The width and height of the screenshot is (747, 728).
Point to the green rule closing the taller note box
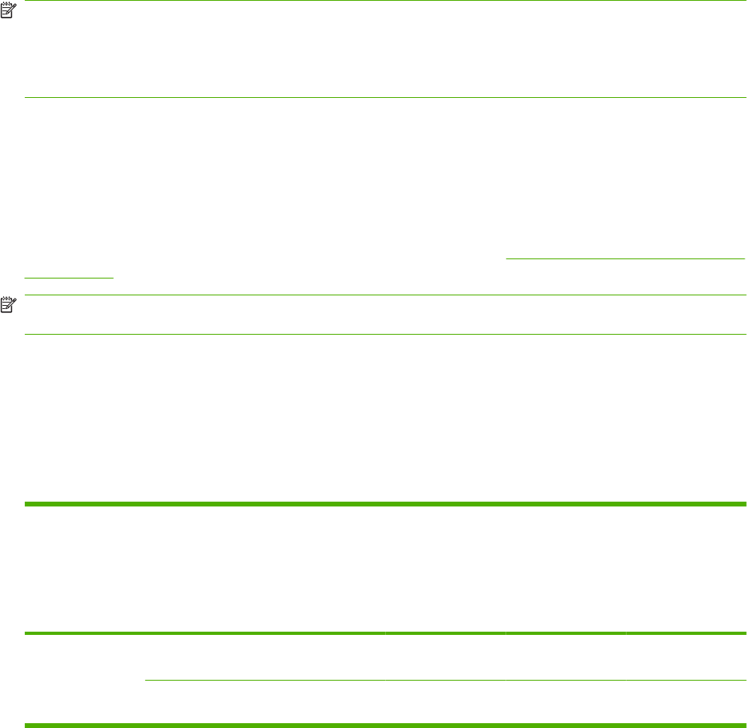pos(385,98)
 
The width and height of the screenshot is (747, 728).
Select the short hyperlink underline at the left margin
pos(69,277)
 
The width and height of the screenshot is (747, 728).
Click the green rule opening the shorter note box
pos(385,295)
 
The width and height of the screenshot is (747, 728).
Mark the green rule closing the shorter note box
pos(385,334)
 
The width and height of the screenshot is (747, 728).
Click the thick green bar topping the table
pos(385,504)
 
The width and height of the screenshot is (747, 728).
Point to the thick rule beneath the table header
pos(385,633)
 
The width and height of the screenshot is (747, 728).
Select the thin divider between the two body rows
pos(445,681)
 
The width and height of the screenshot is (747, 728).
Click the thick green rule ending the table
pos(385,726)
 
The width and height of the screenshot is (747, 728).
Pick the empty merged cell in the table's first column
pos(84,679)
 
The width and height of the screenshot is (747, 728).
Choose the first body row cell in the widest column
pos(265,657)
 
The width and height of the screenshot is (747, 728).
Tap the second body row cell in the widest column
pos(265,703)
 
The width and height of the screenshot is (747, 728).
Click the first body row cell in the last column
pos(686,657)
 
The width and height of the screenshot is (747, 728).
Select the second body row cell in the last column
pos(686,703)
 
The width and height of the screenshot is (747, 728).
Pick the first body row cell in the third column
pos(445,657)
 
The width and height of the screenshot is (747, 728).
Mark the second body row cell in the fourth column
pos(566,703)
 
